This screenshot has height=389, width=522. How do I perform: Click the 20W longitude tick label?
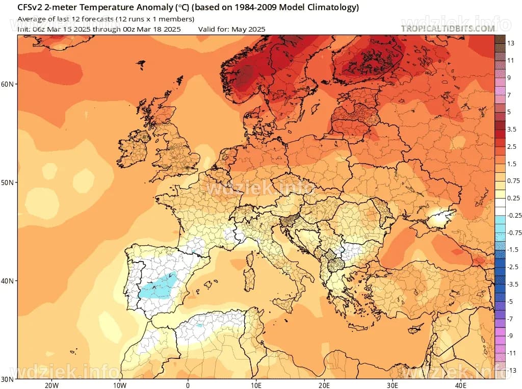click(x=51, y=384)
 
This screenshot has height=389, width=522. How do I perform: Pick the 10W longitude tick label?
click(x=119, y=384)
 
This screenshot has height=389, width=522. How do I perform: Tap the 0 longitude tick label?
click(x=188, y=384)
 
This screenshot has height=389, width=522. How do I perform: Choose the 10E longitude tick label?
click(x=256, y=384)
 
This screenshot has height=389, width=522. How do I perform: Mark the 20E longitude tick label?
click(x=324, y=384)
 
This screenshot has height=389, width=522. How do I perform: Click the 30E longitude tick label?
click(x=393, y=384)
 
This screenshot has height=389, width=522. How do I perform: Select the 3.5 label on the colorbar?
click(x=512, y=129)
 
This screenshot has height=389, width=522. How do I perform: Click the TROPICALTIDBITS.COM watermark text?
click(x=448, y=29)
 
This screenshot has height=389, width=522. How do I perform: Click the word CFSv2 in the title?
click(x=30, y=8)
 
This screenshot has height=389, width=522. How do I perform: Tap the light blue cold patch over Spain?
click(x=158, y=286)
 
